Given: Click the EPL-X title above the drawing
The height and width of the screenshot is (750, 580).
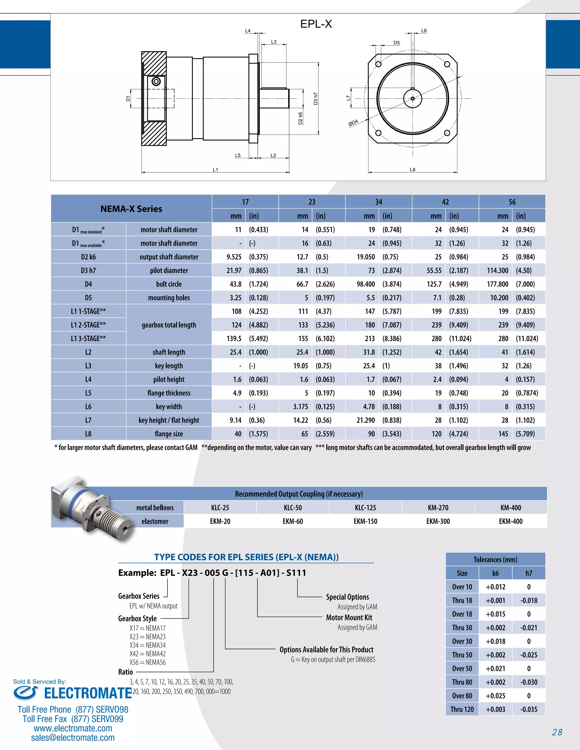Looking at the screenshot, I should (316, 24).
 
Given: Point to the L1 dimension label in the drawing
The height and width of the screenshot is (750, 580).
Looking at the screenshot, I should (216, 170).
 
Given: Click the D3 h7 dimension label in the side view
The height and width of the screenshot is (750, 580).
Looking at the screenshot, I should (316, 98).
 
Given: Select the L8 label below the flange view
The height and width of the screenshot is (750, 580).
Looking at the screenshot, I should (412, 170).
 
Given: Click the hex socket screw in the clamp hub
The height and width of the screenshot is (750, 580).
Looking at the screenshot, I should (156, 82).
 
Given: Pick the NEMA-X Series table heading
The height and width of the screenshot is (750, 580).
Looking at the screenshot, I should (131, 209).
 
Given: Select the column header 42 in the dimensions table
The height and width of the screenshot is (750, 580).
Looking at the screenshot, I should (445, 202).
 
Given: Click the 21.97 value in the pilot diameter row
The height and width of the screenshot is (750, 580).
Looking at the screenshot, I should (234, 271).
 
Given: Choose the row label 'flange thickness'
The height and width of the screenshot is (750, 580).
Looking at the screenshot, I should (169, 393).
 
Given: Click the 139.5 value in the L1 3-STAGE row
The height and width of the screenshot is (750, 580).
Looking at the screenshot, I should (234, 338).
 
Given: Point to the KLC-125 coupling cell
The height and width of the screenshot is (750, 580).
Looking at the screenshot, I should (365, 507).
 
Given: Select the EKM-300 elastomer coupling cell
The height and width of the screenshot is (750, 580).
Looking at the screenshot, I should (438, 521).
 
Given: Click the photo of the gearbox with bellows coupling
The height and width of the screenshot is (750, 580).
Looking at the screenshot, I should (93, 508).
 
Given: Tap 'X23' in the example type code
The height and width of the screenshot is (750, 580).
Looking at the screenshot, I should (190, 573).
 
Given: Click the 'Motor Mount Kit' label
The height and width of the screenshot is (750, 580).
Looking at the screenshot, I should (349, 618).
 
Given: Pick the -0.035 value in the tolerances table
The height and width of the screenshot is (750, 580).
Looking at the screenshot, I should (528, 710).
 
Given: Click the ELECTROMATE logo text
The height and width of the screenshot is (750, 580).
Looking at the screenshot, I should (88, 693).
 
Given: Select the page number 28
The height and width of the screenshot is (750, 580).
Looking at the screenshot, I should (557, 732).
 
